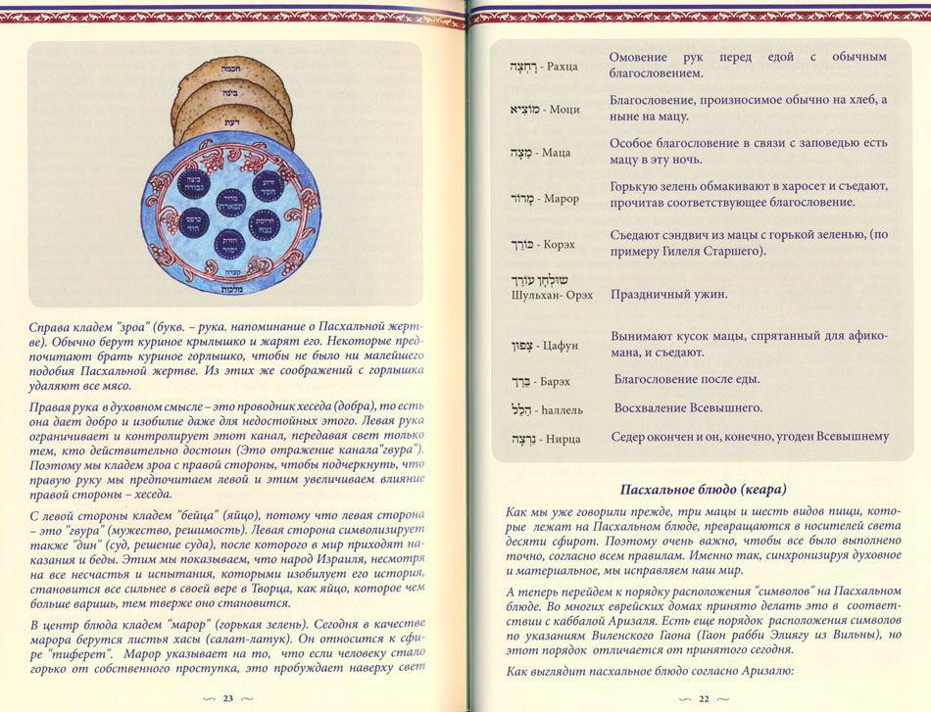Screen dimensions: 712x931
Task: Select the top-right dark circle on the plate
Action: tap(268, 182)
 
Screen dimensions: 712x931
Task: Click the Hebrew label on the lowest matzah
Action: tap(232, 123)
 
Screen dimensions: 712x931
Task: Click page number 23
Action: tap(227, 698)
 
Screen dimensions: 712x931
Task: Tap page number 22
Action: tap(704, 698)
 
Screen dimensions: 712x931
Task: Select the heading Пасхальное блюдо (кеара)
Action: tap(705, 489)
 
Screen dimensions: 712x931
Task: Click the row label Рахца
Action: tap(562, 67)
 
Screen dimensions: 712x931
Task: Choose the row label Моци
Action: tap(563, 110)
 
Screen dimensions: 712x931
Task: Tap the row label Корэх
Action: tap(562, 242)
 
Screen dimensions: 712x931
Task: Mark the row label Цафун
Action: tap(564, 346)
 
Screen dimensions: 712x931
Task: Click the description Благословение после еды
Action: tap(687, 379)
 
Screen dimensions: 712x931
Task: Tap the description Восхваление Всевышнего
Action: tap(688, 407)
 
